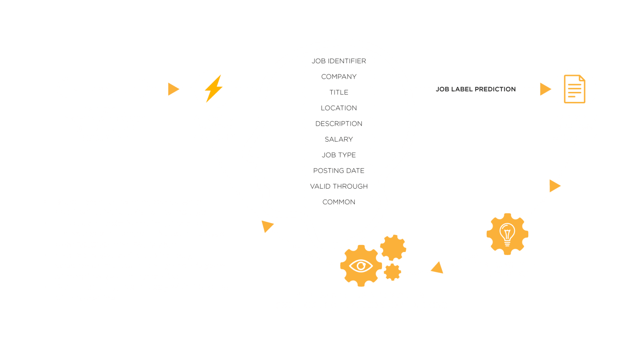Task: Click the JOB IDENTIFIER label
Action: pos(339,61)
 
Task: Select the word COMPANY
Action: pos(339,77)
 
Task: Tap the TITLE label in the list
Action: pos(339,92)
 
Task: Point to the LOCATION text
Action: pos(339,108)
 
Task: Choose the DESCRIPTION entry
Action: pos(339,124)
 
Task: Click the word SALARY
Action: pos(339,140)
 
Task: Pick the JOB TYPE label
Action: pos(339,155)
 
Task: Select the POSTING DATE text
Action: pos(339,170)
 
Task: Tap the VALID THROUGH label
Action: pos(339,186)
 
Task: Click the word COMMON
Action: pos(339,202)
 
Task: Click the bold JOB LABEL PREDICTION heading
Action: pos(476,89)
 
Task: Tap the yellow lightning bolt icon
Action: pos(213,89)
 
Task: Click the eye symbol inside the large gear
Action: pos(361,266)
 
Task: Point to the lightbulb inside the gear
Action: pos(507,234)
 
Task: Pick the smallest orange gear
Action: pos(392,272)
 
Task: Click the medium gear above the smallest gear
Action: pos(393,248)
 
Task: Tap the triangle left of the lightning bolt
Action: pos(173,89)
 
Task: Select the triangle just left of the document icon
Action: pos(545,89)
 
